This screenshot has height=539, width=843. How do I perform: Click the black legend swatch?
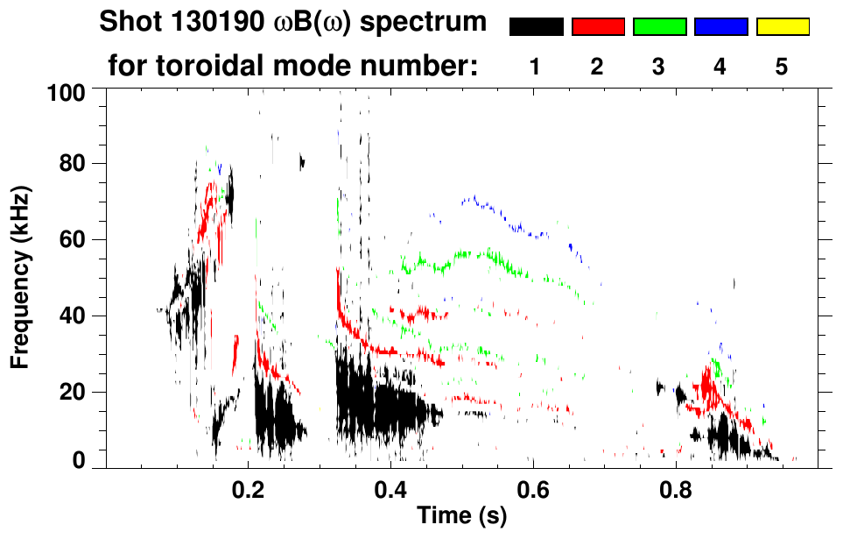[x=536, y=27]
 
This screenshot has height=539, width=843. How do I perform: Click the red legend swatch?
[x=598, y=27]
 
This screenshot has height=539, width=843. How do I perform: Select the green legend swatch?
[x=659, y=27]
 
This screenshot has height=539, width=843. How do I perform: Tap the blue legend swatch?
[x=720, y=27]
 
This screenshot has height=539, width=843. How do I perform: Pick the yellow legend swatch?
[x=783, y=27]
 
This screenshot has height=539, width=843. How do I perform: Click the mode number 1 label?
[x=536, y=67]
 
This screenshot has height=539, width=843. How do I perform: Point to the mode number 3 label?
[x=659, y=67]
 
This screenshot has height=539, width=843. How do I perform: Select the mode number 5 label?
[x=783, y=67]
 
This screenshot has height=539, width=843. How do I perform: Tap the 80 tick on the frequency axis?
[x=74, y=164]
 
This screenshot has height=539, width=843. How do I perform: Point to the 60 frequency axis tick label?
[x=74, y=239]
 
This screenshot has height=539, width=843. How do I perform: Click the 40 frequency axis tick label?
[x=74, y=316]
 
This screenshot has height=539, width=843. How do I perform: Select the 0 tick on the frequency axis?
[x=79, y=461]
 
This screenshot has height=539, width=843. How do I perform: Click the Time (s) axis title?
[x=460, y=516]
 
